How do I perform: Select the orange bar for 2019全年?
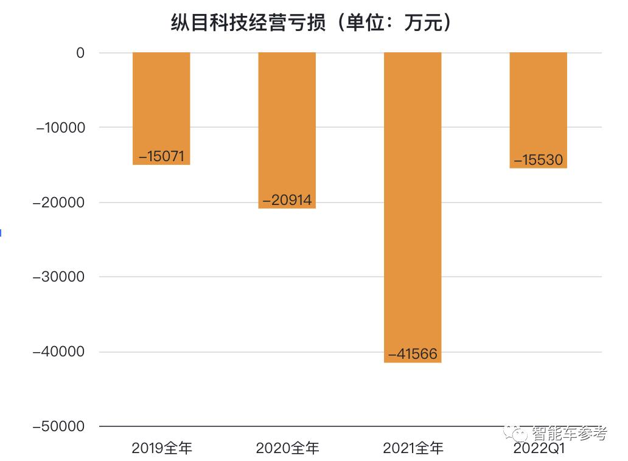pos(161,97)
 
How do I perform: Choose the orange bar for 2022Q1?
pos(538,97)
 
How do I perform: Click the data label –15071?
pos(161,156)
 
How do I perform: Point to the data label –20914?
pos(287,200)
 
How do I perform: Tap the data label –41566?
pos(413,354)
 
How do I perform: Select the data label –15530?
pos(539,160)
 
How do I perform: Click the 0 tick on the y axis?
pos(80,53)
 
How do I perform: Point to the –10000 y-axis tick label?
pos(60,128)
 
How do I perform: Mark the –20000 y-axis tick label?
pos(60,203)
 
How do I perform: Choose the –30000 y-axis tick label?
pos(60,277)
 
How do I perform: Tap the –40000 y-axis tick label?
pos(60,352)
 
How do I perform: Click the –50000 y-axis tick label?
pos(60,426)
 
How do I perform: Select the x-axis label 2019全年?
pos(162,449)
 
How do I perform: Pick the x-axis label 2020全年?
pos(287,449)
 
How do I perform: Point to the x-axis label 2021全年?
pos(413,449)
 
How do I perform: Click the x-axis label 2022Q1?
pos(539,449)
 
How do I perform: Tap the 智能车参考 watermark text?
pos(569,433)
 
